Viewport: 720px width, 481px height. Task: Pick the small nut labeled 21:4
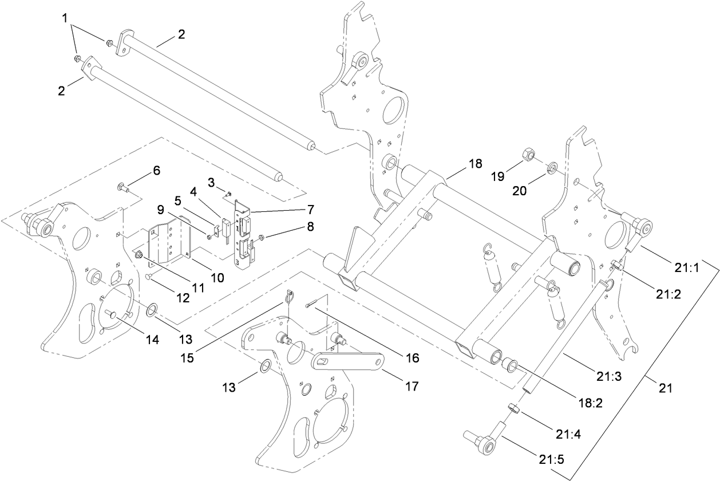click(x=514, y=409)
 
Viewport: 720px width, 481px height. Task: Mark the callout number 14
click(x=151, y=339)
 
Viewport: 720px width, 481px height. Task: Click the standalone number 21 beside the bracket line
click(x=664, y=388)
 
